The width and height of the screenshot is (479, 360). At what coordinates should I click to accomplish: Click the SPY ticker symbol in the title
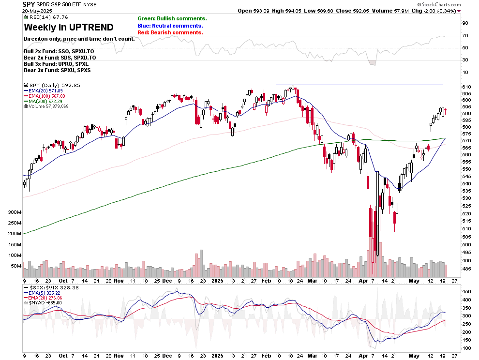(29, 4)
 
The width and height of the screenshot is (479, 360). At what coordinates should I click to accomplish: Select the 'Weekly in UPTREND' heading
(69, 27)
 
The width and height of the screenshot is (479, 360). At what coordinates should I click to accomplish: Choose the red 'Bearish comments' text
(170, 32)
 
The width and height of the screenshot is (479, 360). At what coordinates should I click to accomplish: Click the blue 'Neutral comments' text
(170, 26)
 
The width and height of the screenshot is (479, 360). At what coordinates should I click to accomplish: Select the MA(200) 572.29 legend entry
(48, 101)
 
